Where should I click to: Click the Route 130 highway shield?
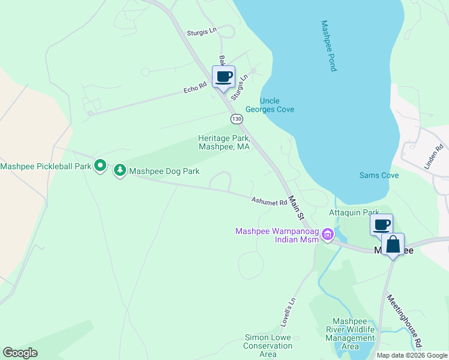(237, 119)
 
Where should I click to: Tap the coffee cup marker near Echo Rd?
(223, 77)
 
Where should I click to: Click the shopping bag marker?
(393, 245)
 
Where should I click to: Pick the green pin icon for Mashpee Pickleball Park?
(101, 166)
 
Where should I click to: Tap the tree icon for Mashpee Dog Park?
(120, 171)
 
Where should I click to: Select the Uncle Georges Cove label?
(277, 105)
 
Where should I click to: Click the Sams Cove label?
(379, 175)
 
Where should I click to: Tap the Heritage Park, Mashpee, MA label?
(224, 142)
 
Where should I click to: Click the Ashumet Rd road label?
(270, 202)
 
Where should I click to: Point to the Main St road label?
(297, 207)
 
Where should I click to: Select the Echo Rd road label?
(195, 88)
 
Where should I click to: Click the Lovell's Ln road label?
(288, 312)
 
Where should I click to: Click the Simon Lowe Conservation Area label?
(268, 346)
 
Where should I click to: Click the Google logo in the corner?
(20, 353)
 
